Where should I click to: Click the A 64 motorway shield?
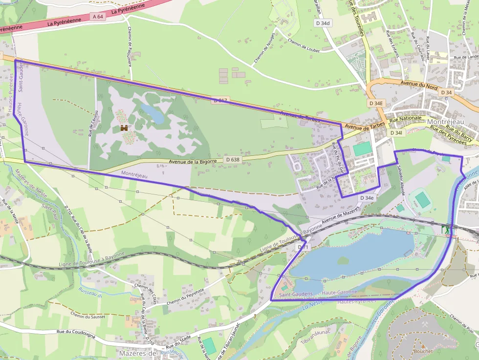point(98,17)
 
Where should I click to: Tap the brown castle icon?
point(125,128)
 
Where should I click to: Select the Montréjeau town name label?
point(449,122)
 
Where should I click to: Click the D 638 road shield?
point(233,159)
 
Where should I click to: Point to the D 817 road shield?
point(220,101)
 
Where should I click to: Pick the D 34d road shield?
point(323,23)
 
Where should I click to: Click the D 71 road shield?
point(303,248)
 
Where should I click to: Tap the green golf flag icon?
point(445,228)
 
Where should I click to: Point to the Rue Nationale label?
point(405,119)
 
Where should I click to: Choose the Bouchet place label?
point(423,351)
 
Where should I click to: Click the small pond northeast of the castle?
point(152,113)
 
